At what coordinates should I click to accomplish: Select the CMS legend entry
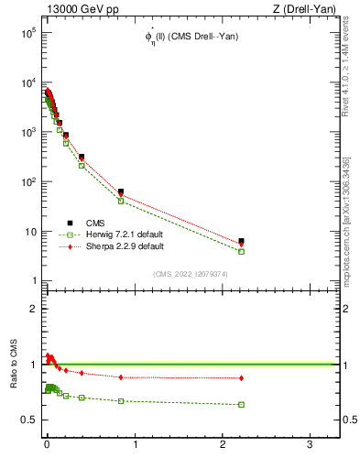pos(93,223)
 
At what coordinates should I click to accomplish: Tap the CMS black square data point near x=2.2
pos(241,242)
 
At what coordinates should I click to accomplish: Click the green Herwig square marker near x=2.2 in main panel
pos(241,251)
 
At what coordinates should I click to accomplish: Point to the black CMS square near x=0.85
pos(121,191)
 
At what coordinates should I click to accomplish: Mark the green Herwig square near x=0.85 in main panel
pos(121,201)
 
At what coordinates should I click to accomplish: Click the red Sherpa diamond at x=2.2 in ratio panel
pos(241,377)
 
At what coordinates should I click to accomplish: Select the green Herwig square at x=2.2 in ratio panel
pos(241,404)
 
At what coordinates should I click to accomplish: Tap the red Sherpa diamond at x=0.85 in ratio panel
pos(121,376)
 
